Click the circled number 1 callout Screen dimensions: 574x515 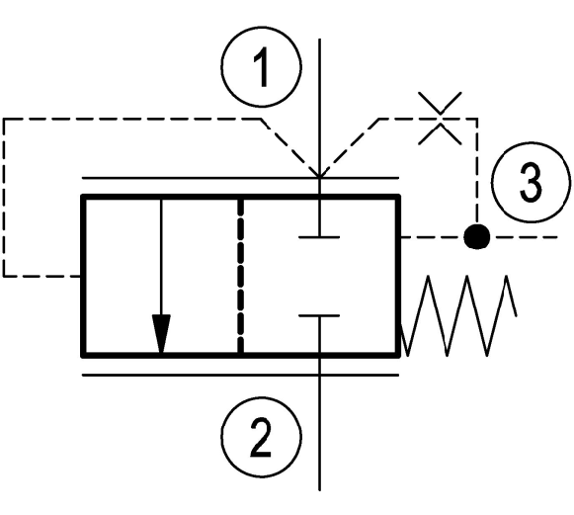[x=262, y=66]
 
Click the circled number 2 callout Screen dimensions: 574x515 [x=262, y=437]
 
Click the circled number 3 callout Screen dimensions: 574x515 [x=531, y=183]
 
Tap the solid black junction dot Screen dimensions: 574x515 [x=476, y=237]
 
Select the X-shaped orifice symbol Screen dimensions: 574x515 [x=440, y=119]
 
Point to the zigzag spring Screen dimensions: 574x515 [x=458, y=315]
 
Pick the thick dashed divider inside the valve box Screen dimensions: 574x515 [x=240, y=277]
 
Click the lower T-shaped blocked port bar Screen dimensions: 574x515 [x=319, y=315]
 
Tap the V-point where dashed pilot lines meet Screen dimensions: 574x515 [x=319, y=177]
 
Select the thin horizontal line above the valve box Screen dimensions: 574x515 [x=240, y=178]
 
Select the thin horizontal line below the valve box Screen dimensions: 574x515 [x=240, y=375]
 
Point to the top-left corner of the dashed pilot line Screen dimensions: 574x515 [x=4, y=119]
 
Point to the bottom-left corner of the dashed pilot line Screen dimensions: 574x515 [x=4, y=276]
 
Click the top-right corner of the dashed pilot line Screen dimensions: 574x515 [x=476, y=119]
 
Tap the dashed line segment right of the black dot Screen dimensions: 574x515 [x=525, y=237]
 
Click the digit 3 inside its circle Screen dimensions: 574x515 [x=531, y=183]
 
